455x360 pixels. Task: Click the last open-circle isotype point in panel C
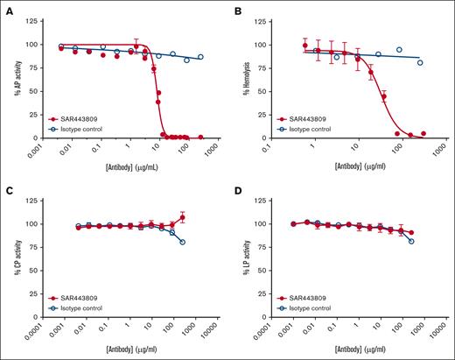click(182, 242)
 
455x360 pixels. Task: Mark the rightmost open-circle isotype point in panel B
click(420, 62)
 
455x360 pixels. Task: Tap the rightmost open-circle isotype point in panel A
click(200, 57)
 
